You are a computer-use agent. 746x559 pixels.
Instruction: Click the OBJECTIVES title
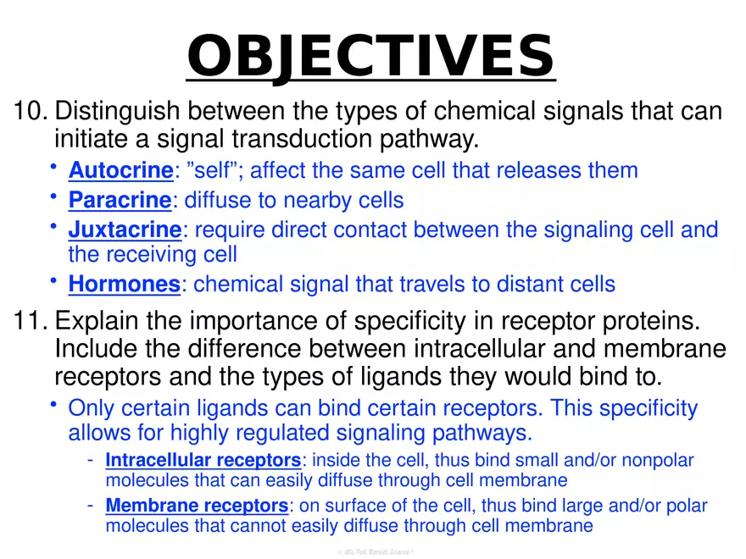370,55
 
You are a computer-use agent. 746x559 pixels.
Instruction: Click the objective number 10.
30,111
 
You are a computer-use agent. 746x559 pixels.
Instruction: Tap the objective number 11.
30,322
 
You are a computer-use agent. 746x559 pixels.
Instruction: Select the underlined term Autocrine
120,170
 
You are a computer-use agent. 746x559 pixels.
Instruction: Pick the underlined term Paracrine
120,200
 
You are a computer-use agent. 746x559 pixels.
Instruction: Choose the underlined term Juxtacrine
125,230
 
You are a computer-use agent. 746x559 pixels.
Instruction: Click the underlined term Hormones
124,285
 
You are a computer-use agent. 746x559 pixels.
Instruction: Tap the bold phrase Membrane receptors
197,506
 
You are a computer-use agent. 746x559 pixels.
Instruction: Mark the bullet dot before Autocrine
53,167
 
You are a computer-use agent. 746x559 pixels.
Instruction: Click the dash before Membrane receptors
90,506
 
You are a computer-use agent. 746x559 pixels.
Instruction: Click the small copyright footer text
372,551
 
